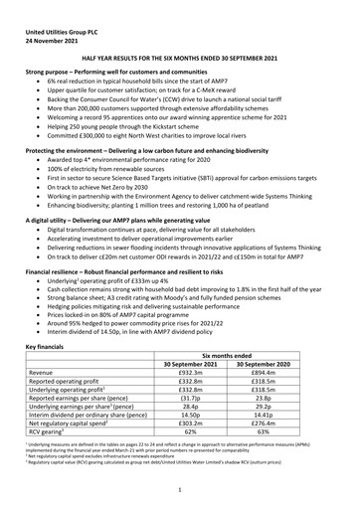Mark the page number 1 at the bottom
[x=180, y=489]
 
